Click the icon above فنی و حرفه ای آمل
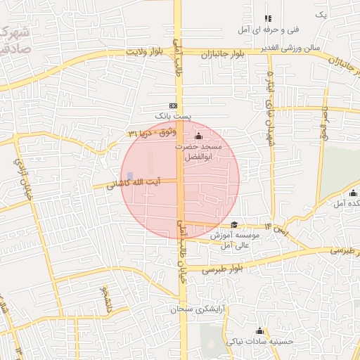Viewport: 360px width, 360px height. [267, 18]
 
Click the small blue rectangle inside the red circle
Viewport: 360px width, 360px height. [129, 176]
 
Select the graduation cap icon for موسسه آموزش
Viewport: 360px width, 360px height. [234, 224]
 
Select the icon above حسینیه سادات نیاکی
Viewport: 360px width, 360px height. [259, 330]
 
